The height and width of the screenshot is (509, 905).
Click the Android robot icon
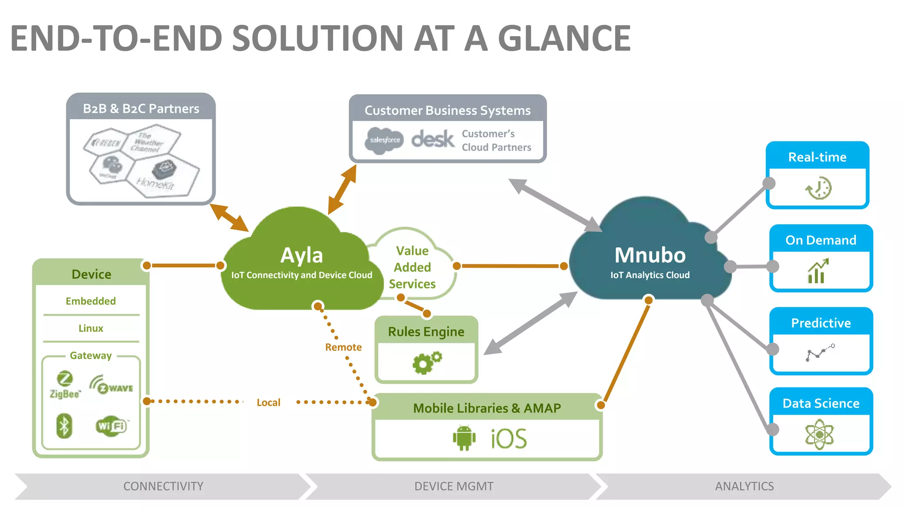tap(464, 438)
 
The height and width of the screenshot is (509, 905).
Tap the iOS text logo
tap(509, 439)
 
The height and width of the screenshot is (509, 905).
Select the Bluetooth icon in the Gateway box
tap(65, 426)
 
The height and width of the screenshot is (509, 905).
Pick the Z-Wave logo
tap(111, 385)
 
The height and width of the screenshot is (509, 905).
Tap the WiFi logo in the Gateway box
tap(111, 426)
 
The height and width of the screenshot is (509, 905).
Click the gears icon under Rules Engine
tap(426, 363)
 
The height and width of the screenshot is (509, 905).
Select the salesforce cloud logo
tap(384, 141)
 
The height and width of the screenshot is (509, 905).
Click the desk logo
tap(432, 140)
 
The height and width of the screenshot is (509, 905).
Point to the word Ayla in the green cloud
tap(302, 255)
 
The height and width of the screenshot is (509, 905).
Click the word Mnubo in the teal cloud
tap(650, 255)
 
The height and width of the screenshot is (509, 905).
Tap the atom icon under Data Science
tap(820, 435)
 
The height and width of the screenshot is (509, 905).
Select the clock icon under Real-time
tap(818, 189)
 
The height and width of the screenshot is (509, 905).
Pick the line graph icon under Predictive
tap(820, 353)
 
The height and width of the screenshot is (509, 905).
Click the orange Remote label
tap(343, 347)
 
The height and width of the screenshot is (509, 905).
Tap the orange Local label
tap(268, 403)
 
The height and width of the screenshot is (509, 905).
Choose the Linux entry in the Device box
tap(91, 328)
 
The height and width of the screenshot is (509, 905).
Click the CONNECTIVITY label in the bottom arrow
tap(163, 486)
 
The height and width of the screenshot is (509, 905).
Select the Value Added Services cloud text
tap(412, 267)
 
